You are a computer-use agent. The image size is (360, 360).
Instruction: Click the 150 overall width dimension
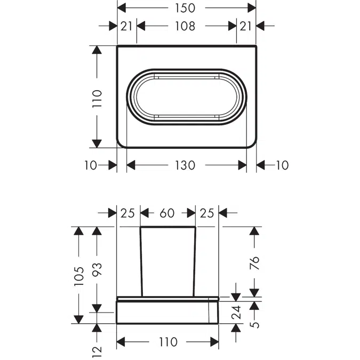[x=185, y=8]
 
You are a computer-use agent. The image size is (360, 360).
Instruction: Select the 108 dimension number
[x=185, y=26]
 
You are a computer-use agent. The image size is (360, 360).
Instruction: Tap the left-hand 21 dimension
[x=126, y=26]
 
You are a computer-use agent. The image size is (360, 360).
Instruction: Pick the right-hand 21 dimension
[x=246, y=26]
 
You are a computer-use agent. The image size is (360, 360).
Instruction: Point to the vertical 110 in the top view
[x=97, y=99]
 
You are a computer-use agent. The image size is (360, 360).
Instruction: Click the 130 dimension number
[x=185, y=165]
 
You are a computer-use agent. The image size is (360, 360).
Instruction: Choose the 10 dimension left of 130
[x=91, y=165]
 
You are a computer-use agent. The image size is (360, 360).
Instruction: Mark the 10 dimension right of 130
[x=282, y=165]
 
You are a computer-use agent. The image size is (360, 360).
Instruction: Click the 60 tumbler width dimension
[x=167, y=213]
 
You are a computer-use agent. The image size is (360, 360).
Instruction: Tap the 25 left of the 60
[x=127, y=213]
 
